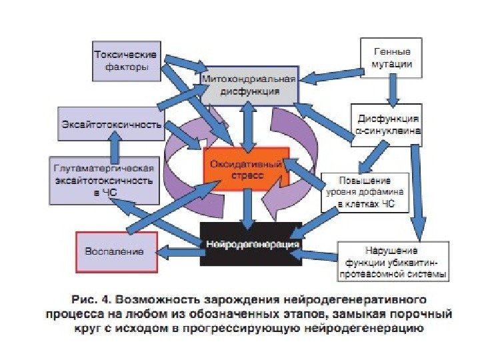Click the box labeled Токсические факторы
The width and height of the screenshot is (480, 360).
(x=125, y=59)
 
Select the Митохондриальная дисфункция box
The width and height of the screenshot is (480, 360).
(x=249, y=85)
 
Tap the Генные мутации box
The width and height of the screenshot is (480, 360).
(x=392, y=58)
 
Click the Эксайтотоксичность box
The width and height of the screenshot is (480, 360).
(x=111, y=124)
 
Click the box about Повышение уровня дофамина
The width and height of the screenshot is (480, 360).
(x=364, y=192)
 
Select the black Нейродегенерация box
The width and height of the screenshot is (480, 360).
(x=251, y=244)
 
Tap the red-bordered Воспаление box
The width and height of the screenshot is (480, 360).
(x=117, y=251)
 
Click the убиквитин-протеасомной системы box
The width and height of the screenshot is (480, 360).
(x=393, y=261)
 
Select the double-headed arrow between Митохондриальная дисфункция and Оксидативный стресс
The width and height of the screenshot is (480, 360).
(x=248, y=127)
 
